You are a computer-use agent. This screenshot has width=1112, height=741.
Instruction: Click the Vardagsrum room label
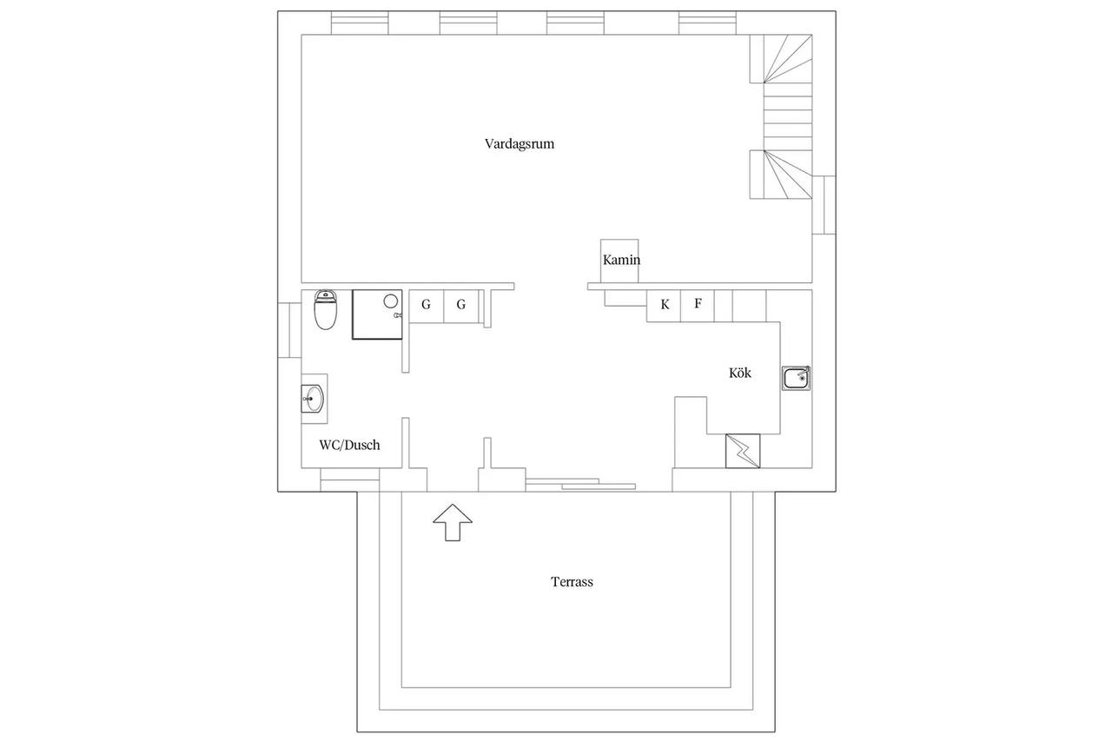(x=520, y=144)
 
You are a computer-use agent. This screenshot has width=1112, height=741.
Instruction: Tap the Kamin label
(x=621, y=260)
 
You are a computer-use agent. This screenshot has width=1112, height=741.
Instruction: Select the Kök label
(x=739, y=373)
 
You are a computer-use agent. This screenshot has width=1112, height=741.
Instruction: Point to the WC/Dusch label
(x=349, y=445)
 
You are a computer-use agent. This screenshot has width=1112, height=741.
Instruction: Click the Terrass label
(x=572, y=582)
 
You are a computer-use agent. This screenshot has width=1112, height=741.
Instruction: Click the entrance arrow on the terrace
(x=453, y=522)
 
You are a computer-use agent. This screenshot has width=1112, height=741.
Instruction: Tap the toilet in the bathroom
(x=326, y=310)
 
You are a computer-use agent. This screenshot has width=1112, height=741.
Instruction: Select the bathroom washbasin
(x=313, y=399)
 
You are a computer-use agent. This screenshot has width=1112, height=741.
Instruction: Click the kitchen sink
(x=797, y=378)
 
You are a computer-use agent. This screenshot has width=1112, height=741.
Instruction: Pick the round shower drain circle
(x=391, y=301)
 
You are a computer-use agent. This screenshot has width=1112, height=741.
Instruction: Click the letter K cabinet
(x=664, y=306)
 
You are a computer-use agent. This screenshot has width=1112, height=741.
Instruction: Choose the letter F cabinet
(x=698, y=306)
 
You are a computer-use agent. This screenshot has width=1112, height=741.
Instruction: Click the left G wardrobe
(x=427, y=307)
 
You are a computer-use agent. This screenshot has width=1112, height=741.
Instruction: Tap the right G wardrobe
(x=461, y=307)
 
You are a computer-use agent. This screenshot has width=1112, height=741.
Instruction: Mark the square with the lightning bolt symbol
(x=743, y=451)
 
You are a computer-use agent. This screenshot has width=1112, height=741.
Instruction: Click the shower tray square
(x=377, y=314)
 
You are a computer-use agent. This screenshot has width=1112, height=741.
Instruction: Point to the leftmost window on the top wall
(x=360, y=23)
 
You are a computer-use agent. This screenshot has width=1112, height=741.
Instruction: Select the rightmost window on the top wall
(x=707, y=23)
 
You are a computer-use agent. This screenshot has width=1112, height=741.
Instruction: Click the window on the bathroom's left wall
(x=289, y=330)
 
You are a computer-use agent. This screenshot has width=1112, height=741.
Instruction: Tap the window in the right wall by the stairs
(x=824, y=205)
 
